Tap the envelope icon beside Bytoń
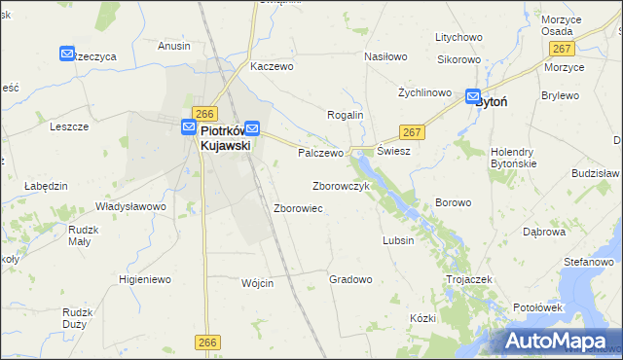[x=473, y=97]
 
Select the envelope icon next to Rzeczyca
[x=67, y=54]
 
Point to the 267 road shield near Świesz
[x=411, y=131]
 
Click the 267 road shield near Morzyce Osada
[x=560, y=49]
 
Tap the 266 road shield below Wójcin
[x=206, y=342]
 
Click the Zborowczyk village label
[x=340, y=186]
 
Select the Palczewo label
[x=321, y=154]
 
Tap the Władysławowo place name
[x=130, y=206]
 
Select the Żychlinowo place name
[x=425, y=92]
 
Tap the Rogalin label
[x=345, y=115]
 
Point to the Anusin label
[x=174, y=45]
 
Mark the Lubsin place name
[x=399, y=240]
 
